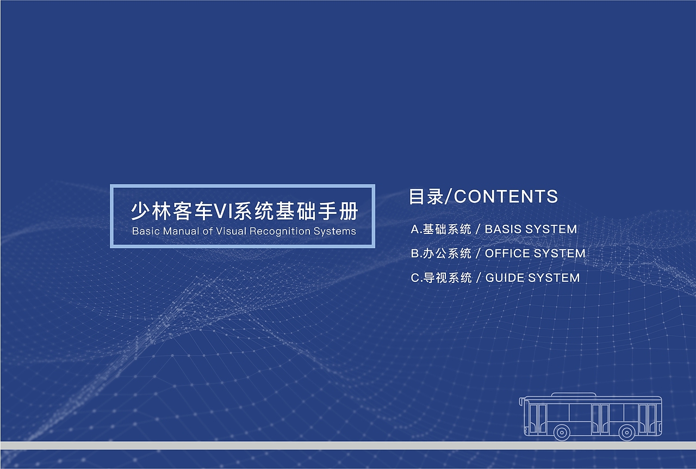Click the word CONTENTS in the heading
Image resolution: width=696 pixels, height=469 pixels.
click(x=506, y=196)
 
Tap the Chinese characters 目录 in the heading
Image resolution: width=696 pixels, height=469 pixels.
click(x=426, y=196)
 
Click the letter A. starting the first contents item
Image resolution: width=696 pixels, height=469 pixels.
click(x=416, y=230)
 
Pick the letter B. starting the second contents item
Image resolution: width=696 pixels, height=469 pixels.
click(x=416, y=254)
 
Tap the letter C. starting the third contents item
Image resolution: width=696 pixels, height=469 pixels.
click(x=416, y=278)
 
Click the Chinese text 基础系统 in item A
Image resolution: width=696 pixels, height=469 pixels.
click(x=447, y=230)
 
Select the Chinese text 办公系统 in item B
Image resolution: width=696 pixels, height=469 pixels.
click(x=447, y=254)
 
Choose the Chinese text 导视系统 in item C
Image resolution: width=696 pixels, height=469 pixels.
click(x=447, y=278)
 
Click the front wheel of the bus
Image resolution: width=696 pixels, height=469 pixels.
click(x=561, y=433)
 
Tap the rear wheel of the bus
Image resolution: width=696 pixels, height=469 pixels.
click(x=627, y=433)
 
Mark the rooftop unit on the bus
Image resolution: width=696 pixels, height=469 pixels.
click(x=574, y=394)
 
